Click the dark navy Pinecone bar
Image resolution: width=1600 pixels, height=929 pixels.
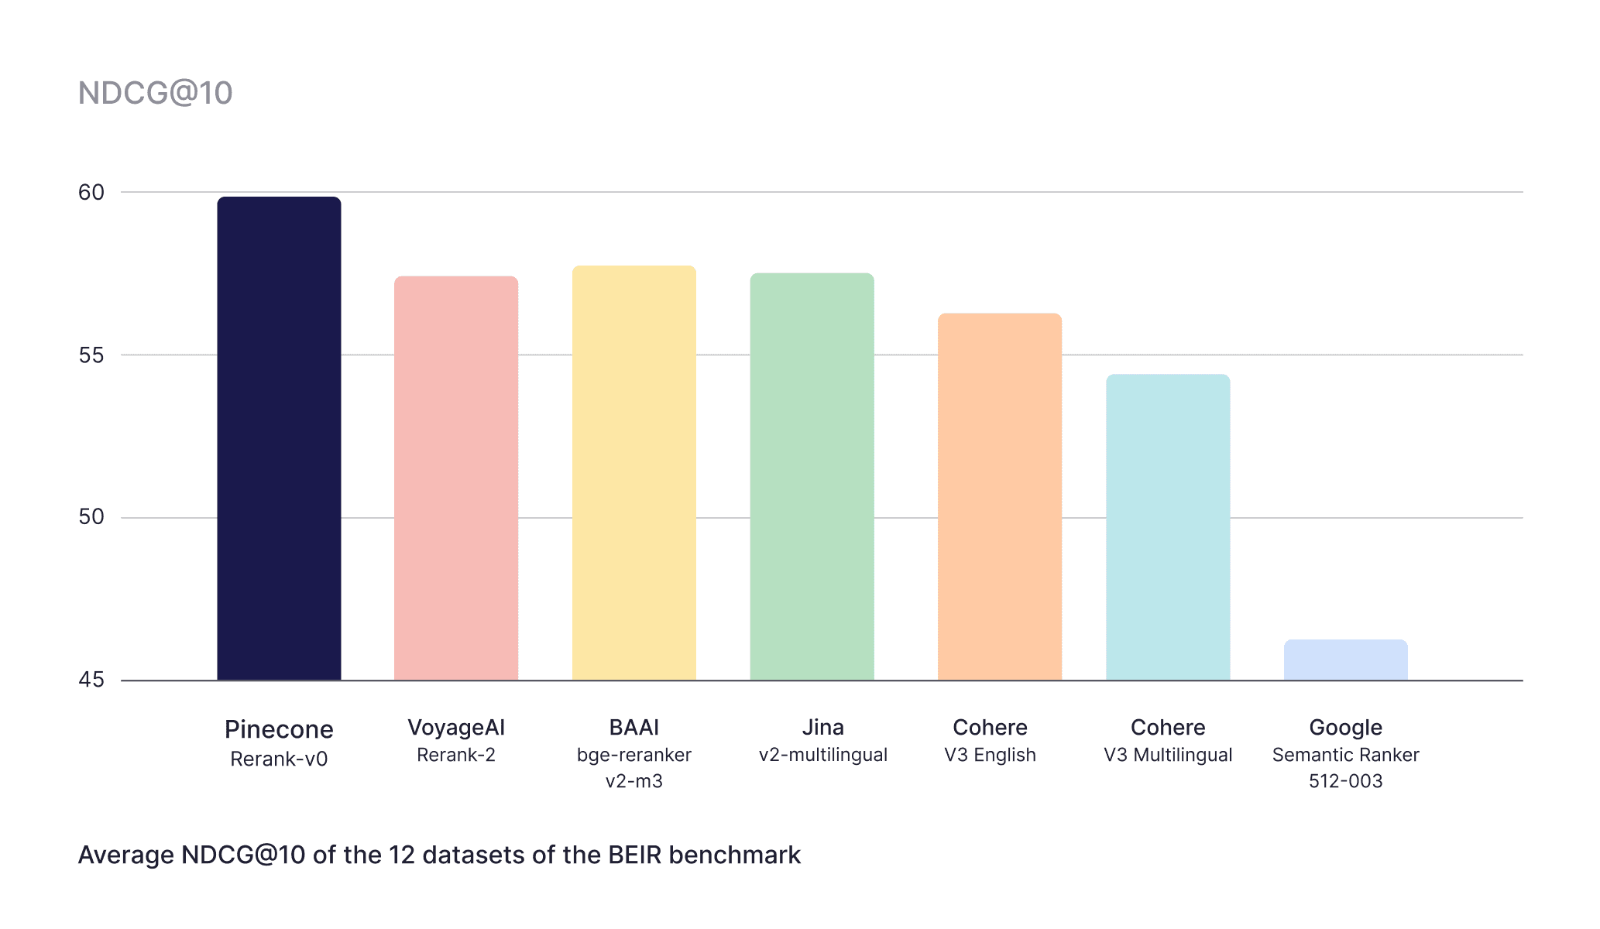(279, 438)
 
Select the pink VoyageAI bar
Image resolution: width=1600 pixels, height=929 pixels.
(456, 478)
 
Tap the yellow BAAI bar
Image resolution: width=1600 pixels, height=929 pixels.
(633, 472)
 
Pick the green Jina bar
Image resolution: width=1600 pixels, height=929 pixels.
(812, 476)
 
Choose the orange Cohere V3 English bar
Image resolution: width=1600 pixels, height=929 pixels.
(999, 496)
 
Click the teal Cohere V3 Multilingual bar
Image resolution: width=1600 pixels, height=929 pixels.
(1168, 526)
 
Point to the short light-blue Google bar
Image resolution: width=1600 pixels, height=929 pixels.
(1345, 660)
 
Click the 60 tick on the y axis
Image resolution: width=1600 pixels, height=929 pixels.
(91, 192)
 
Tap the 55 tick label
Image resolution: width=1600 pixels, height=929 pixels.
(91, 355)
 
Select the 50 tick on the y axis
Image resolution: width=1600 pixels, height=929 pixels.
(91, 517)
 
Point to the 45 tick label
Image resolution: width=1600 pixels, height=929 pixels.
(91, 680)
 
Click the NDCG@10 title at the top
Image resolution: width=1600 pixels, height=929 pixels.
(155, 93)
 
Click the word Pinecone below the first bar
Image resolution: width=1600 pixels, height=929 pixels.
(279, 729)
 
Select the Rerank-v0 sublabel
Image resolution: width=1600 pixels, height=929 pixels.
(279, 759)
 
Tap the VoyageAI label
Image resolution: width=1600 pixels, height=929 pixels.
(456, 728)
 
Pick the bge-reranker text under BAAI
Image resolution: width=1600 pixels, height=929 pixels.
(633, 755)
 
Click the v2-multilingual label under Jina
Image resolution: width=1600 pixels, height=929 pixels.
(822, 755)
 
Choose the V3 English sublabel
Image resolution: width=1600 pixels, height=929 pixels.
(990, 755)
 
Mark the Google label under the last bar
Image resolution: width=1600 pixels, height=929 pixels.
(1345, 728)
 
